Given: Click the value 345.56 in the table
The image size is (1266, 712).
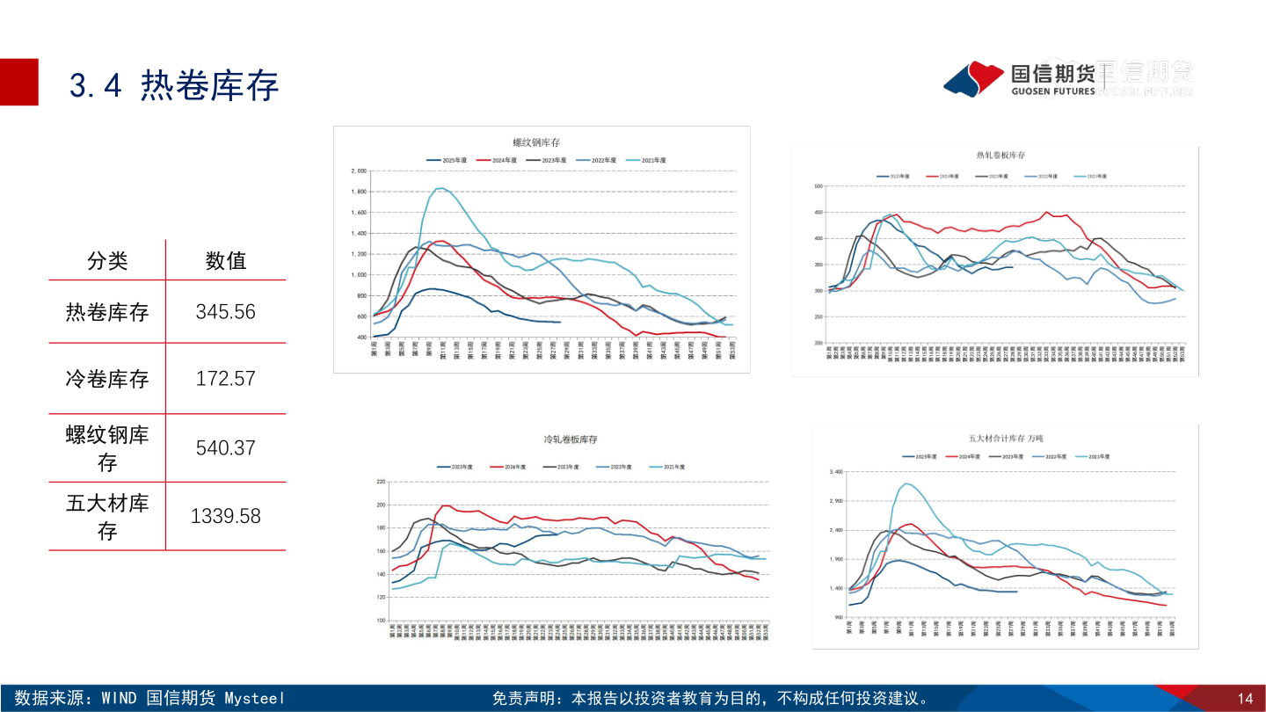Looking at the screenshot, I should [x=225, y=311].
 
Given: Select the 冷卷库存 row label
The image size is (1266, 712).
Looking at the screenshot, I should [x=106, y=379].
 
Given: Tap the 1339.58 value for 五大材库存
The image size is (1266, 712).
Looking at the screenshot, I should [x=225, y=516].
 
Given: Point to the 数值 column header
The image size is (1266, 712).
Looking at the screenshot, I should [x=225, y=260].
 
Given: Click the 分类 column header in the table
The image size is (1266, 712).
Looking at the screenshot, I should [x=106, y=260].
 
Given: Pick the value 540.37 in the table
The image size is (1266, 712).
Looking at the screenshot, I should [x=225, y=447].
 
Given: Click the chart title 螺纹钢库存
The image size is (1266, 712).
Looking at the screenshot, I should [x=536, y=142].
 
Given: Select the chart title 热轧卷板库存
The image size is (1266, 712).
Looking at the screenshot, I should [x=1000, y=156].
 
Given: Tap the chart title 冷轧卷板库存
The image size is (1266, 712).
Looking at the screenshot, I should [x=571, y=439].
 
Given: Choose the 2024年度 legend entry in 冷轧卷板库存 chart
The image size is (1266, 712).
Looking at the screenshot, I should [x=506, y=467].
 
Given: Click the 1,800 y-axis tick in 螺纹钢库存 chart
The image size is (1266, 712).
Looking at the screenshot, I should [x=358, y=192].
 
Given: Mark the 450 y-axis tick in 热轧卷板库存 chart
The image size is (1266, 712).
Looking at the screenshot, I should [x=818, y=212].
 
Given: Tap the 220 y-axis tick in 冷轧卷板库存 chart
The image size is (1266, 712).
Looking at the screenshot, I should [x=381, y=482].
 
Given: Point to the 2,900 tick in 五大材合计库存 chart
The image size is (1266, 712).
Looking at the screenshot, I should [x=836, y=501].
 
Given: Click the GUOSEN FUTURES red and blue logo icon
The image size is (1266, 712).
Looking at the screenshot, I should [x=973, y=79].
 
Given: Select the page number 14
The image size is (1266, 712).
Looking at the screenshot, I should [x=1245, y=699].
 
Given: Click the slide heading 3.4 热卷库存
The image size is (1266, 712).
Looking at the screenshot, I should [x=173, y=85].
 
